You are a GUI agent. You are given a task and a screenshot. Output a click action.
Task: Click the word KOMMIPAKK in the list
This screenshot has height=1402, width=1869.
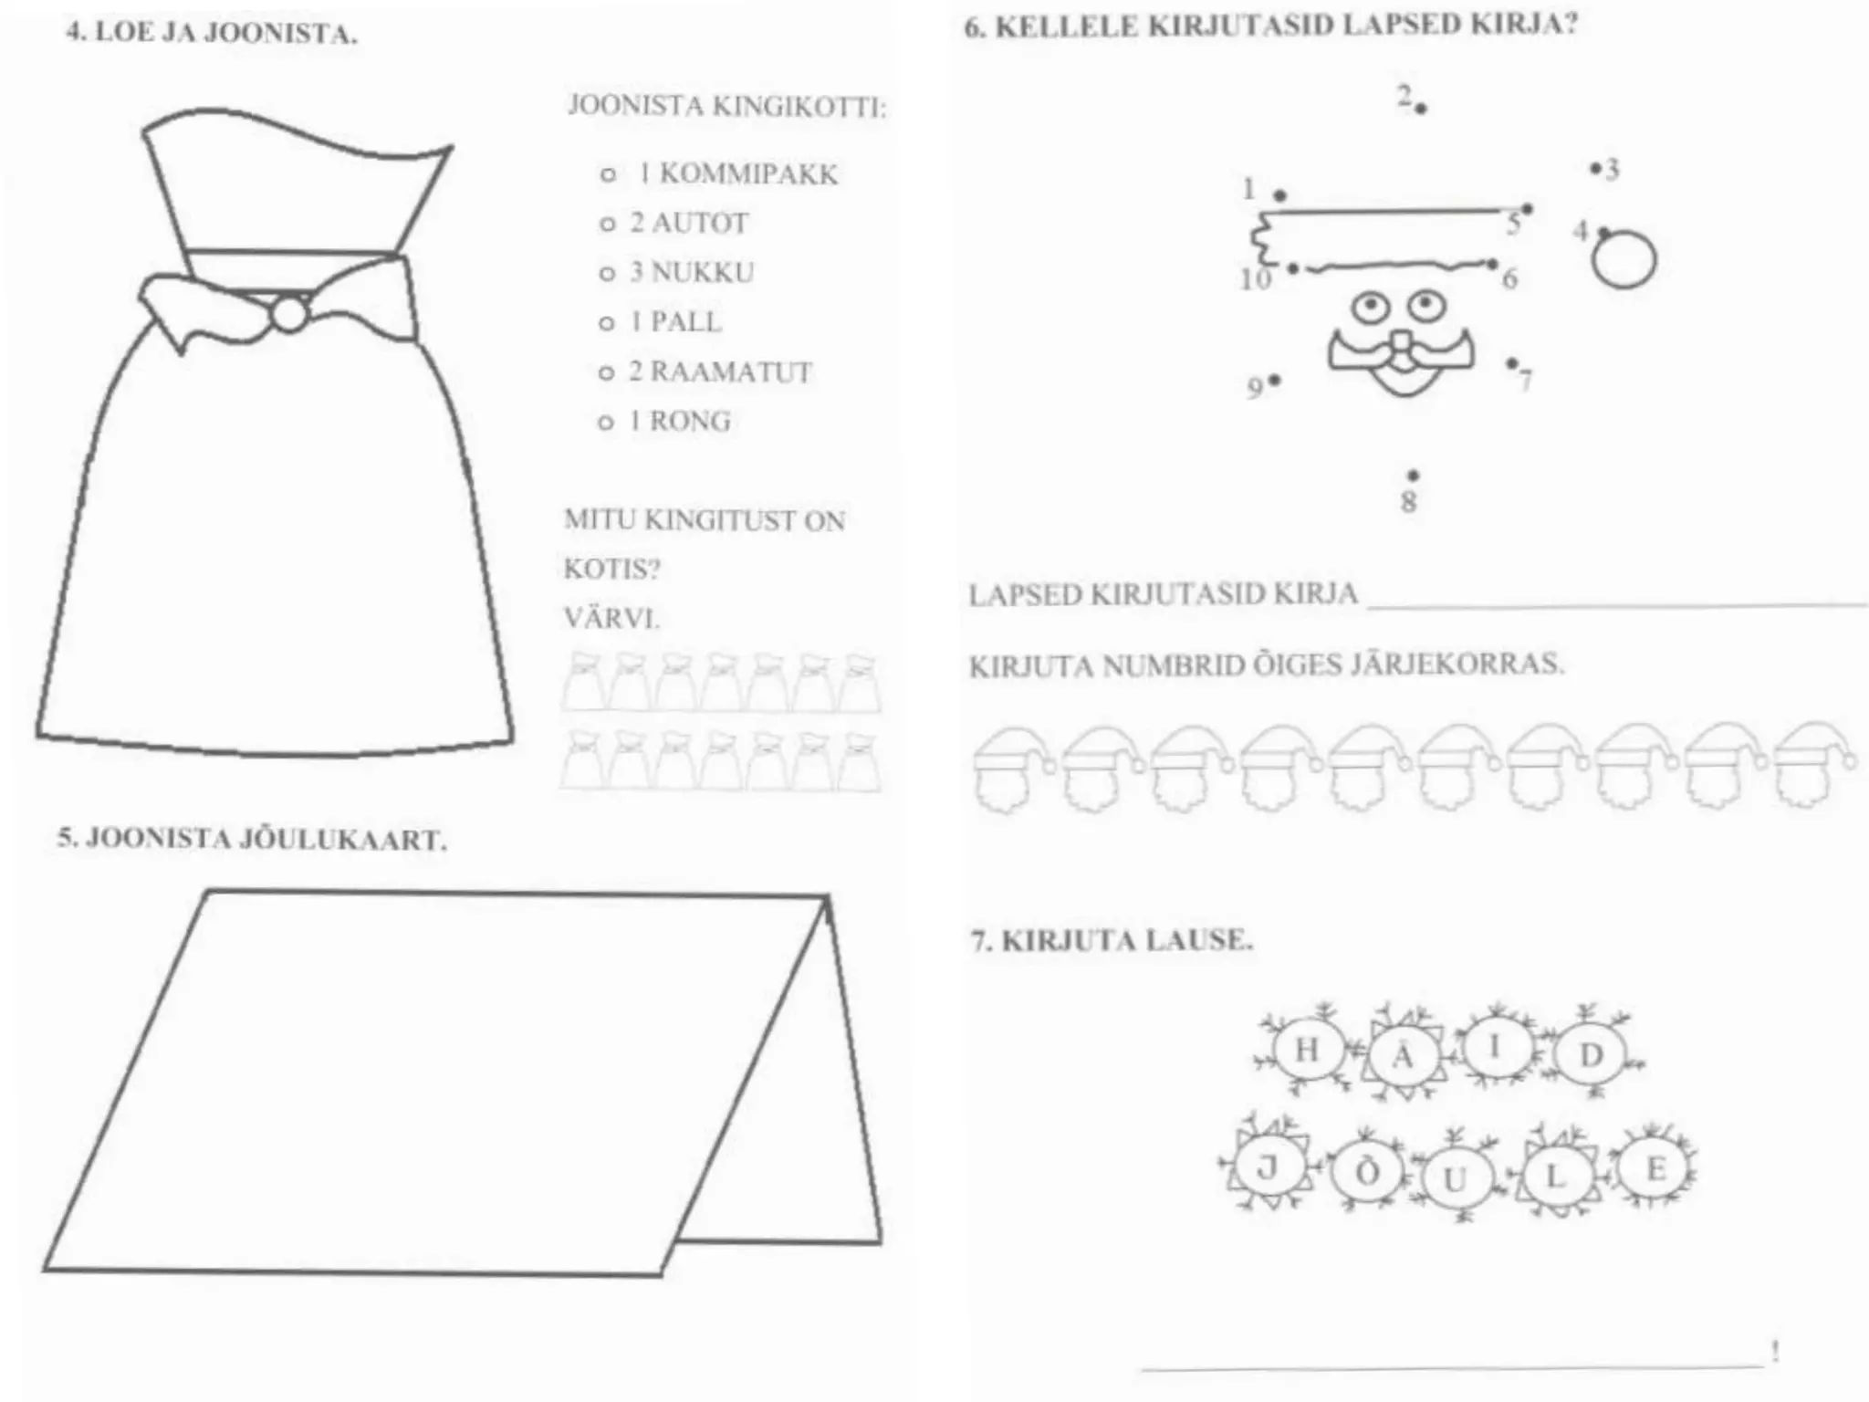click(x=748, y=173)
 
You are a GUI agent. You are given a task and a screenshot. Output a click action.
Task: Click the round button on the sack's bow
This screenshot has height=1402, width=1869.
click(x=289, y=314)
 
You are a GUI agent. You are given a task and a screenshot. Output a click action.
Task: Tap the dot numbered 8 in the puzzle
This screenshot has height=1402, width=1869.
click(x=1413, y=476)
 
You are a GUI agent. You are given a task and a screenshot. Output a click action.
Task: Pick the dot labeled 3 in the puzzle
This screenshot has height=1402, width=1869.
click(x=1595, y=169)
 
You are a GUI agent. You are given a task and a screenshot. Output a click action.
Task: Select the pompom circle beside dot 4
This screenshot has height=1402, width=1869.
click(x=1624, y=259)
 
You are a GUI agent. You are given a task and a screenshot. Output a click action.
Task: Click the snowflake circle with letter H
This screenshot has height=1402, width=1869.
click(x=1307, y=1050)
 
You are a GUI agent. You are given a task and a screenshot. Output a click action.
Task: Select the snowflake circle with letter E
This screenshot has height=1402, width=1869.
click(x=1655, y=1169)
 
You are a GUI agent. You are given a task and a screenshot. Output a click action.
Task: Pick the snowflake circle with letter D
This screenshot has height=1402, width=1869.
click(x=1591, y=1055)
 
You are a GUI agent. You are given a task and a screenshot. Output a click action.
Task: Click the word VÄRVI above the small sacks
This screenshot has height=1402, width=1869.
click(x=611, y=618)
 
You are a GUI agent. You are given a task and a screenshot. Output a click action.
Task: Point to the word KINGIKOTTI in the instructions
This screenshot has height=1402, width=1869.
click(x=799, y=107)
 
